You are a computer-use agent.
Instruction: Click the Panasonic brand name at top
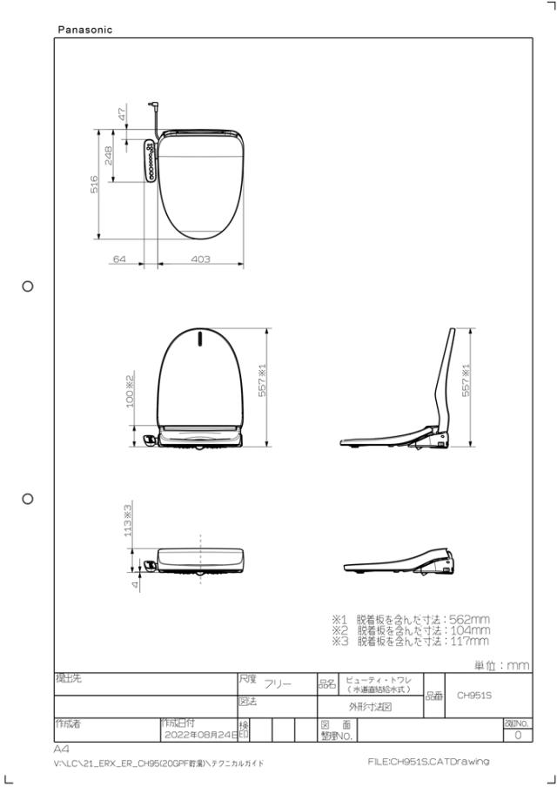84,30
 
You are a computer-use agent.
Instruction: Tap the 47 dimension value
123,113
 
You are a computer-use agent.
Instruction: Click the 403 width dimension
200,259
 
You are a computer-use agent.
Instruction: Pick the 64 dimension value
120,259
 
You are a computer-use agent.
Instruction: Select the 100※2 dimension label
130,393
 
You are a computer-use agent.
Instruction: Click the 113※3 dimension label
128,520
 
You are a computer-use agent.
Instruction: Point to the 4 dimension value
135,585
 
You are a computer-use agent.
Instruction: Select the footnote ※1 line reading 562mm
411,619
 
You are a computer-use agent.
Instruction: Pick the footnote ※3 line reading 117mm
411,642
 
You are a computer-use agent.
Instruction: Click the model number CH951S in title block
474,695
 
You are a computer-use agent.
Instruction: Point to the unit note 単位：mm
501,664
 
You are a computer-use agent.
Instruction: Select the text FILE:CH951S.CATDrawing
428,761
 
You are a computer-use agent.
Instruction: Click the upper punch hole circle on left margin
28,286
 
